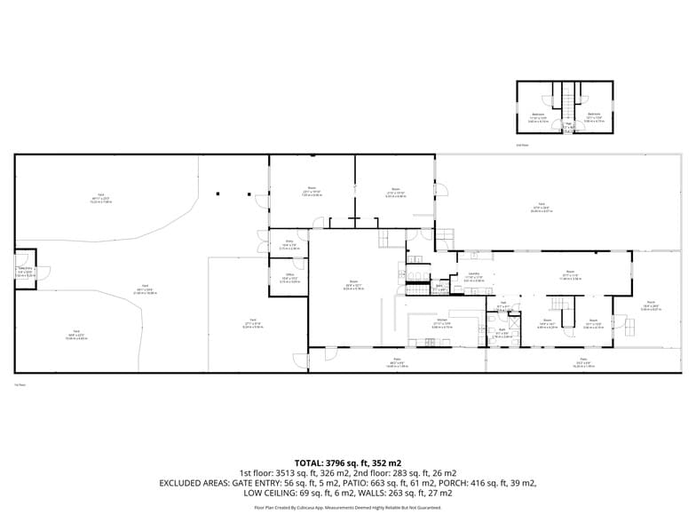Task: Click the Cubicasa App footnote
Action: (x=347, y=508)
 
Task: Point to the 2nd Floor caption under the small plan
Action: (x=523, y=145)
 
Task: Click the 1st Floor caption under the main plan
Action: (x=20, y=384)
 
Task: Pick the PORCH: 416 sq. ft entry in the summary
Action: (x=500, y=482)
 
